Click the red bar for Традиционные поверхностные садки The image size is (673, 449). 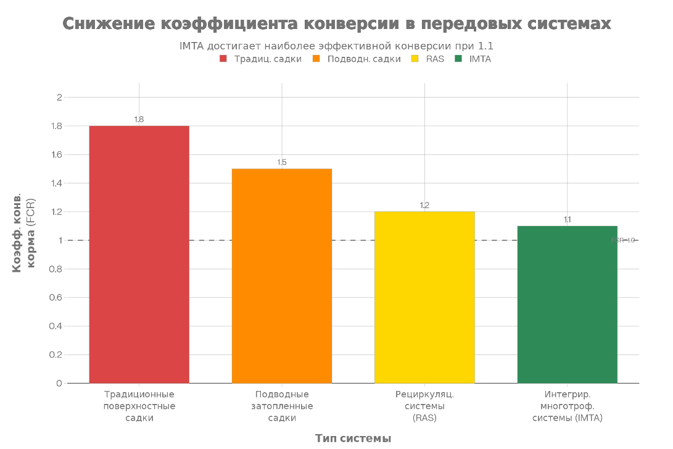tap(139, 254)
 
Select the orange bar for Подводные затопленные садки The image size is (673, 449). tap(282, 275)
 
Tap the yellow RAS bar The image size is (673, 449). tap(424, 297)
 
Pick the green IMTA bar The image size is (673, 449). tap(567, 304)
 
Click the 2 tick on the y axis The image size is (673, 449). tap(59, 98)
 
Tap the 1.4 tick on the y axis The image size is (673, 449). tap(57, 183)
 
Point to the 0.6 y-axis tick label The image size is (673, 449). tap(57, 298)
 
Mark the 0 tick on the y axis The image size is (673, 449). tap(59, 384)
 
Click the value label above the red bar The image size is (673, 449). tap(139, 119)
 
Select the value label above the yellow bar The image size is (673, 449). tap(424, 205)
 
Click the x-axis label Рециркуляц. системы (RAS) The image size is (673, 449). tap(424, 406)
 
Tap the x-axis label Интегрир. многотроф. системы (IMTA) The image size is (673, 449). tap(567, 406)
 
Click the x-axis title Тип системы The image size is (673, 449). tap(353, 439)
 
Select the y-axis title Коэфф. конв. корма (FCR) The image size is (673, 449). tap(24, 235)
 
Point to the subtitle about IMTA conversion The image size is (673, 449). tap(336, 46)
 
